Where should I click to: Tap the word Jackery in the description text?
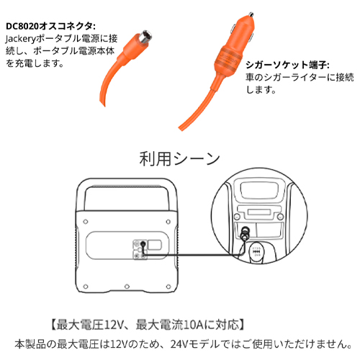click(x=20, y=39)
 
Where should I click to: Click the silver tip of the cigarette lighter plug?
click(x=251, y=14)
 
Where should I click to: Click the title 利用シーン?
click(x=179, y=158)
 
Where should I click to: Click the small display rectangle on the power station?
click(x=155, y=245)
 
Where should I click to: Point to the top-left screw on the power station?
click(x=86, y=222)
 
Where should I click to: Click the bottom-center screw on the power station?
click(x=127, y=287)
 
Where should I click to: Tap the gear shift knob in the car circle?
click(x=256, y=251)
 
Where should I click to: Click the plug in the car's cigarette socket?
click(x=245, y=233)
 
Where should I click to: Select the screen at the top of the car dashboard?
click(x=259, y=190)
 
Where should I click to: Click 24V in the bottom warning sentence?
click(x=179, y=344)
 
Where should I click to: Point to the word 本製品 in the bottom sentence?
click(x=30, y=344)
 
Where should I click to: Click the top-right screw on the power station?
click(x=168, y=222)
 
